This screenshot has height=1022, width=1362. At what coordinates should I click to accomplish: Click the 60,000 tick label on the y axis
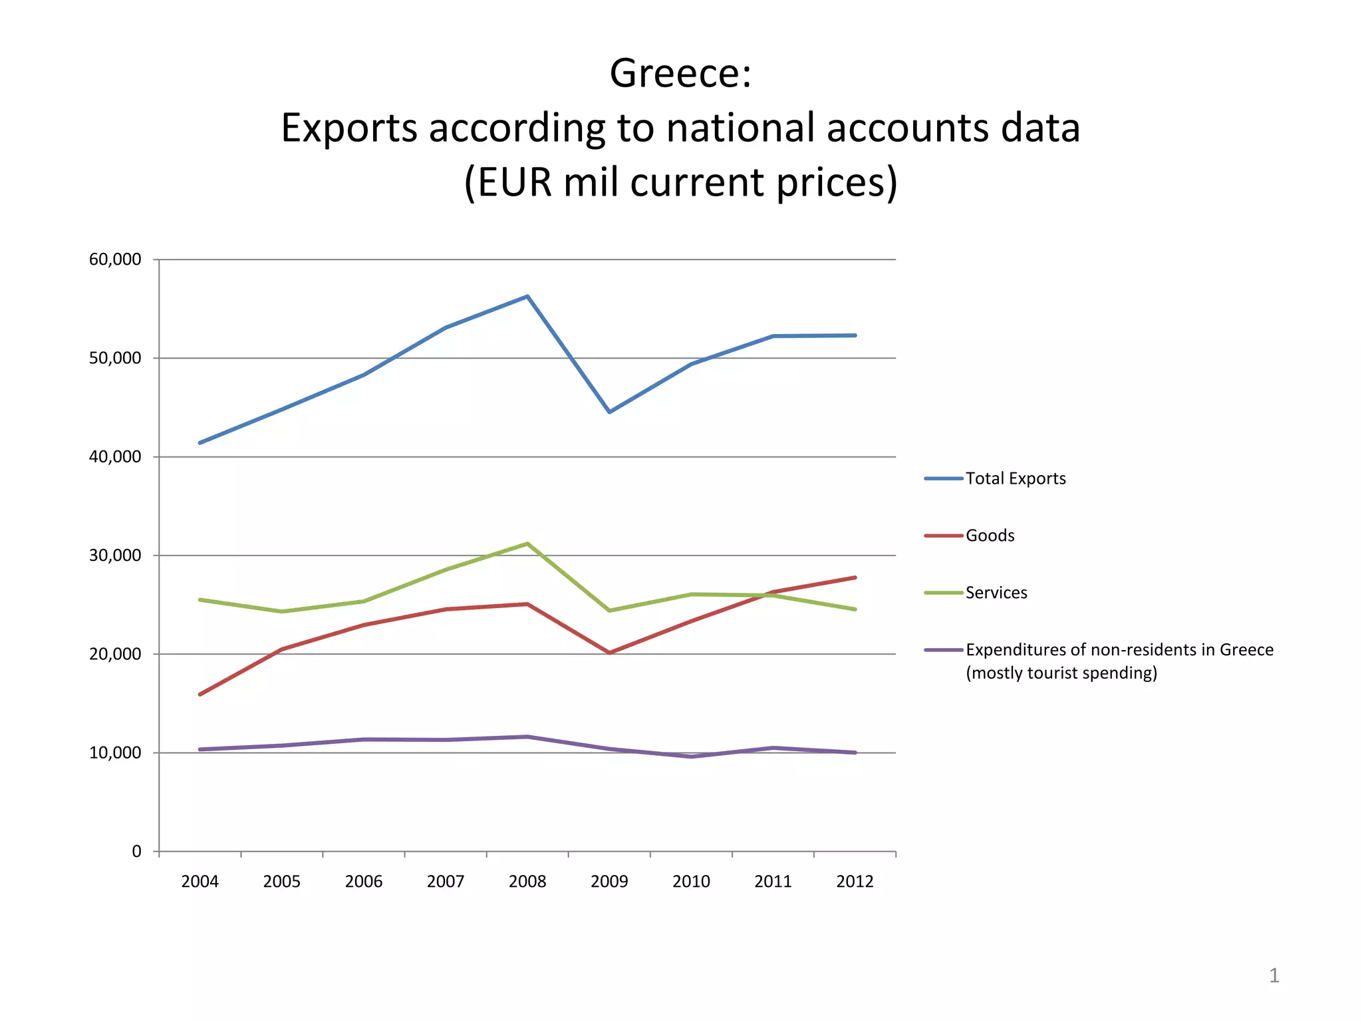tap(115, 259)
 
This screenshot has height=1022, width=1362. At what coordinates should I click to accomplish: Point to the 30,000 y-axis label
tap(115, 556)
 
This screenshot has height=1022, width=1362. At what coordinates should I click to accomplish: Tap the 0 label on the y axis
tap(136, 852)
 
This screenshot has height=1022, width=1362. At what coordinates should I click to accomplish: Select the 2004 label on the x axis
tap(200, 882)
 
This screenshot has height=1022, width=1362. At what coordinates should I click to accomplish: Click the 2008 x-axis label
tap(527, 882)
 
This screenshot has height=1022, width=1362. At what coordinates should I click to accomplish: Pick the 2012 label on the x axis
tap(855, 882)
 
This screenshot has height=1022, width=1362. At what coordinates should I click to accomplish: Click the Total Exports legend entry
tap(1015, 478)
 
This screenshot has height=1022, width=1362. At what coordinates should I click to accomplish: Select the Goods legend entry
tap(990, 536)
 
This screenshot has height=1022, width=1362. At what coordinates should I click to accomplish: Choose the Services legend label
tap(996, 593)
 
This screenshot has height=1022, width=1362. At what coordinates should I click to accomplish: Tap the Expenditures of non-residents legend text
tap(1119, 650)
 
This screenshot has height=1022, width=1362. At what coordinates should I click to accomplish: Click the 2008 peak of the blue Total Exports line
tap(527, 296)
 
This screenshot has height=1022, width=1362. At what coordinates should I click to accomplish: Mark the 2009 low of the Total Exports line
tap(609, 413)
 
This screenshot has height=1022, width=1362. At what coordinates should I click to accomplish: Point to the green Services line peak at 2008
tap(527, 544)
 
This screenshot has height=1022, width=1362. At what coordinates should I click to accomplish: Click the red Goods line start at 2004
tap(200, 695)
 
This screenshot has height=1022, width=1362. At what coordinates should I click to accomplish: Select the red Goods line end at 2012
tap(855, 578)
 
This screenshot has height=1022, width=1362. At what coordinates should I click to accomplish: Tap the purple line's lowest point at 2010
tap(692, 757)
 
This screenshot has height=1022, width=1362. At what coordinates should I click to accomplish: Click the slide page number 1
tap(1274, 975)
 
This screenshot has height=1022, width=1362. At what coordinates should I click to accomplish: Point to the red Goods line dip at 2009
tap(609, 653)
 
